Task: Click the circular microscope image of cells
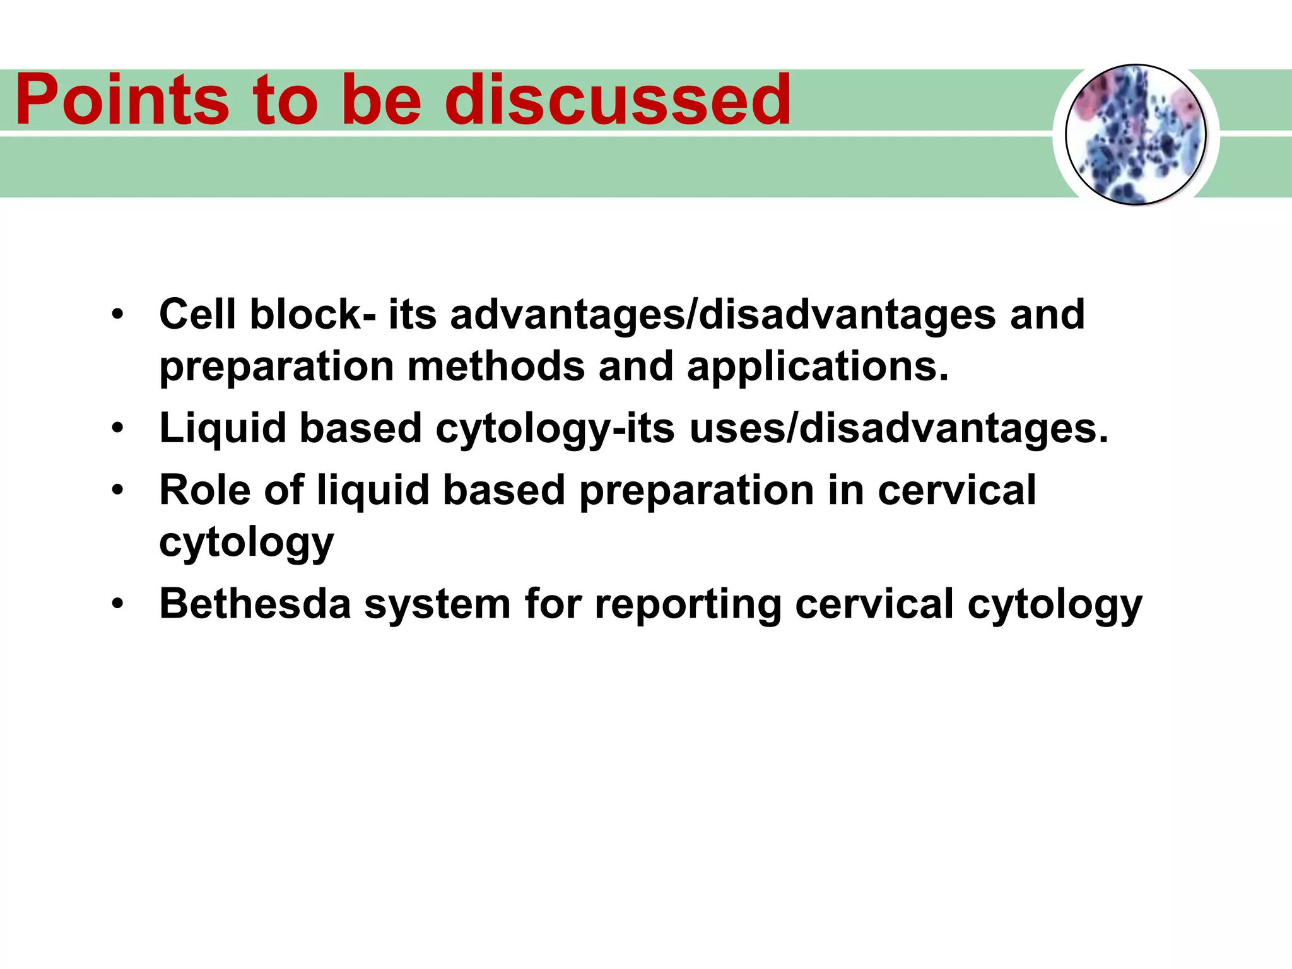coord(1136,134)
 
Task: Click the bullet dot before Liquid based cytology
coord(117,428)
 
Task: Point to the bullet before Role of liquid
coord(117,490)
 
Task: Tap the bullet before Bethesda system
coord(117,604)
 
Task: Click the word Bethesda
coord(255,604)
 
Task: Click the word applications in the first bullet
coord(817,367)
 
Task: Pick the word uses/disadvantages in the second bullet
coord(898,428)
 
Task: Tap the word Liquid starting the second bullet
coord(223,428)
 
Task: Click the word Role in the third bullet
coord(204,490)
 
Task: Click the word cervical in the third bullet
coord(956,490)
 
